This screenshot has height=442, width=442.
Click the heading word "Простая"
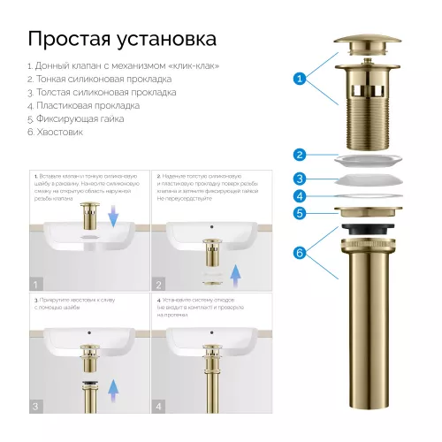72,40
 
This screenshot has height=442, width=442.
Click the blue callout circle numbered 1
300,80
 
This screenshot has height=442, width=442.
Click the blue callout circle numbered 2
300,155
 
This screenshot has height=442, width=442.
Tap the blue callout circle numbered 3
300,179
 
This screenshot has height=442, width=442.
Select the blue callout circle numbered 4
300,196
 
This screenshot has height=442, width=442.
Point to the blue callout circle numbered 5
300,213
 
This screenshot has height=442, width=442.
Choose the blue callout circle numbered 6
300,254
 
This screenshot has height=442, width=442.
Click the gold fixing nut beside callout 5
366,213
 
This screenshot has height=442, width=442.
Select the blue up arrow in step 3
113,388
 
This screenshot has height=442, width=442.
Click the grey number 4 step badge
159,406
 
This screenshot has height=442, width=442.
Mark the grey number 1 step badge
35,284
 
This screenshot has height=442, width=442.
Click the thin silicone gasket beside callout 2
366,159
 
